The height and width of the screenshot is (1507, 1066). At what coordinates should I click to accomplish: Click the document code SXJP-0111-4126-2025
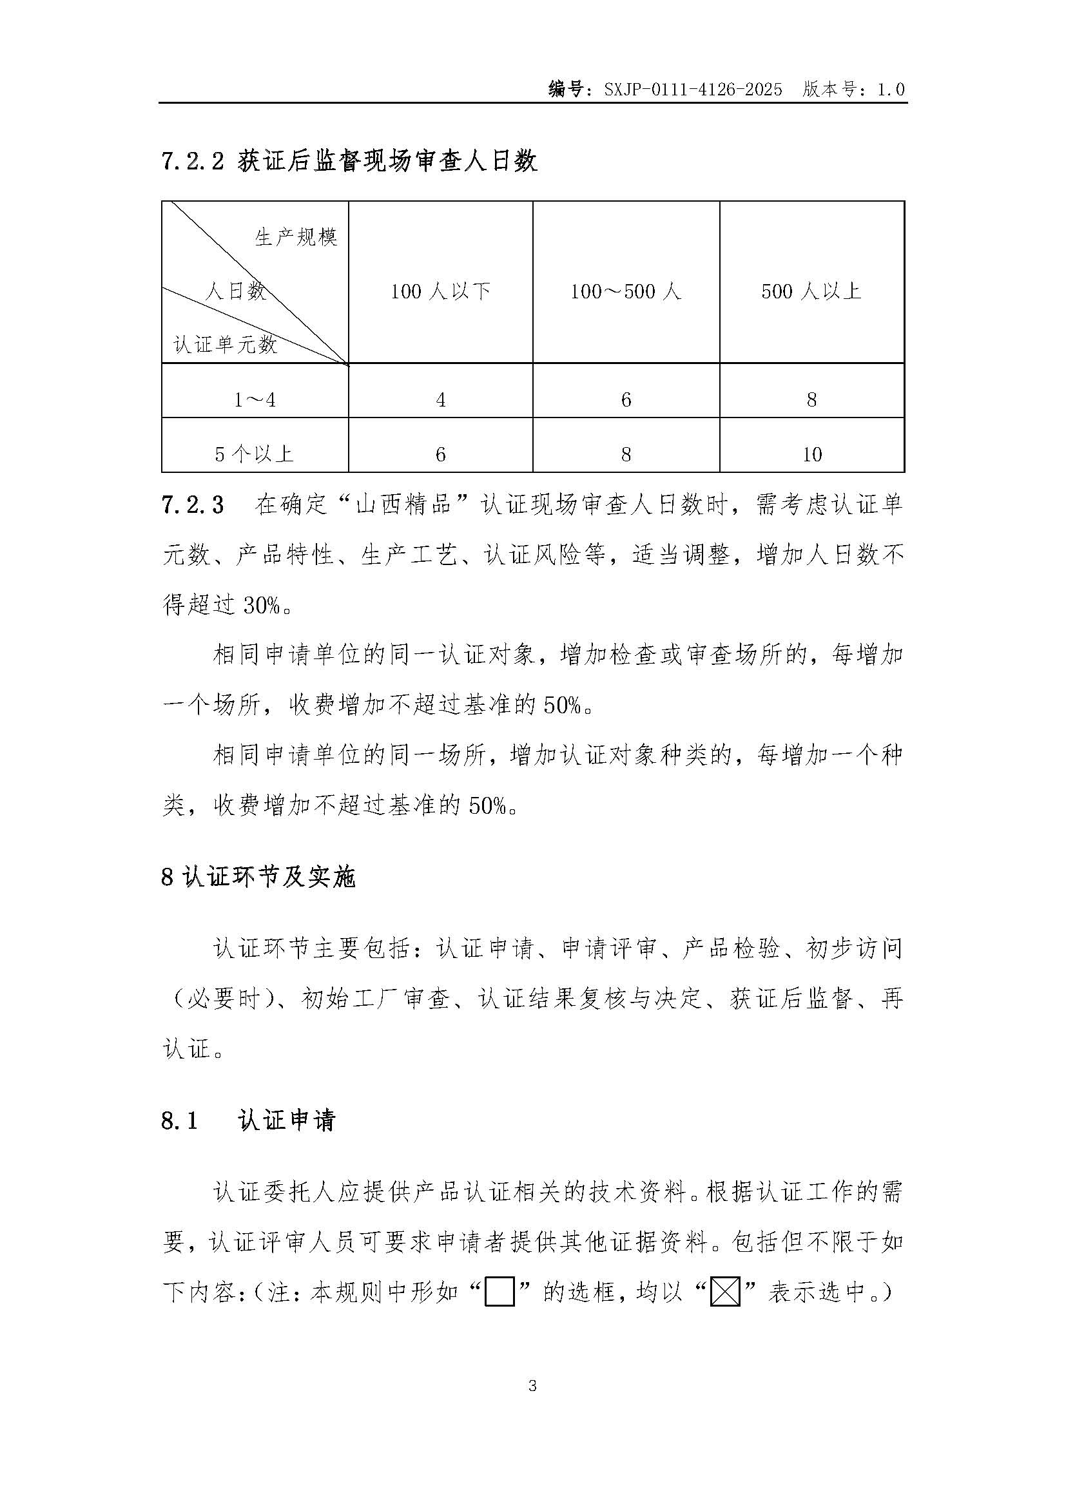[692, 90]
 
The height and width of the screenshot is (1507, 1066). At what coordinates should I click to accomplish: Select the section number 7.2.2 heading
[193, 162]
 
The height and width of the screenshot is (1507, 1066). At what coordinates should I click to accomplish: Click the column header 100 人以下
[440, 291]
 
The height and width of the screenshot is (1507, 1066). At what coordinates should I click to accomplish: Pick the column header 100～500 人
[626, 291]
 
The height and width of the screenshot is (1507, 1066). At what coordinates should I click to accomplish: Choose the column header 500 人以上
[811, 291]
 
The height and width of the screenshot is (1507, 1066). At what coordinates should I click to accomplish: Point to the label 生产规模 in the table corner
[296, 237]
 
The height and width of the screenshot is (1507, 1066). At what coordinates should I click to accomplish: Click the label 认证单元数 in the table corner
[225, 344]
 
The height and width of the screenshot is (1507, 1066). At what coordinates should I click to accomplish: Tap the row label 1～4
[255, 399]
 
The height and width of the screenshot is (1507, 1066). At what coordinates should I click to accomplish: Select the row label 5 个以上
[255, 454]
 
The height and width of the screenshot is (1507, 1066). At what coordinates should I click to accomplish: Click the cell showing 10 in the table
[812, 454]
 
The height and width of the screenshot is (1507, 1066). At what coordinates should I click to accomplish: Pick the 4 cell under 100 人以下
[440, 399]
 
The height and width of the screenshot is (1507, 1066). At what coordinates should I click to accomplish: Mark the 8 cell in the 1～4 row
[812, 399]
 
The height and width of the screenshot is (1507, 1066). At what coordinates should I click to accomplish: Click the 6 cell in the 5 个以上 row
[440, 454]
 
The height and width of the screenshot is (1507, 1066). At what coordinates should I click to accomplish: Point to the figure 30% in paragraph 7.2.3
[262, 605]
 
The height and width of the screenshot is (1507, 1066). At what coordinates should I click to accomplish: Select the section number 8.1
[180, 1120]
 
